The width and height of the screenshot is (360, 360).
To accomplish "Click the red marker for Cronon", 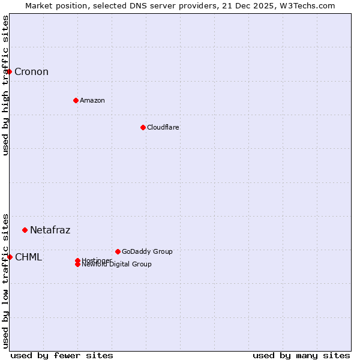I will [x=10, y=72].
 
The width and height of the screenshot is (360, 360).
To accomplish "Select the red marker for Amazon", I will [x=76, y=100].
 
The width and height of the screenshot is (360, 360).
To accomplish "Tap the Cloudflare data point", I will [x=143, y=127].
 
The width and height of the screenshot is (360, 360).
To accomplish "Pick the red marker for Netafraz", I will [x=25, y=230].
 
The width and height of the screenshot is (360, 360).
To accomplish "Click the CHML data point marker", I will [x=10, y=257].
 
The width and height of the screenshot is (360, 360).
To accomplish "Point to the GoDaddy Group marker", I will [x=118, y=251].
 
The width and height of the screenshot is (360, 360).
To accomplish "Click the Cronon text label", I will [x=31, y=72].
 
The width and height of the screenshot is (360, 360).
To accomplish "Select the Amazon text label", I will [x=92, y=100].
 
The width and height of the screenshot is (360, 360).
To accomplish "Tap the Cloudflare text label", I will [x=163, y=127].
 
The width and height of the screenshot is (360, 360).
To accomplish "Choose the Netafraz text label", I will [x=50, y=230].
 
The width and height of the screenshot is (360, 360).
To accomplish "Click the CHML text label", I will [x=28, y=257].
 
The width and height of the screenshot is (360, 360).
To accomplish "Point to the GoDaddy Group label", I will [x=147, y=251].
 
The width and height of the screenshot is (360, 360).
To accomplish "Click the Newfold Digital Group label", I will [x=117, y=265].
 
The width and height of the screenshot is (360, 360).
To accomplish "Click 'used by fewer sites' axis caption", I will [x=62, y=355].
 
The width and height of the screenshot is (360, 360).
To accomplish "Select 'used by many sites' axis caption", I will [x=301, y=355].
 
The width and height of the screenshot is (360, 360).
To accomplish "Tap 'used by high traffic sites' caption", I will [x=5, y=85].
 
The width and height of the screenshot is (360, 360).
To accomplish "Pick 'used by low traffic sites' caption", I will [x=5, y=280].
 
